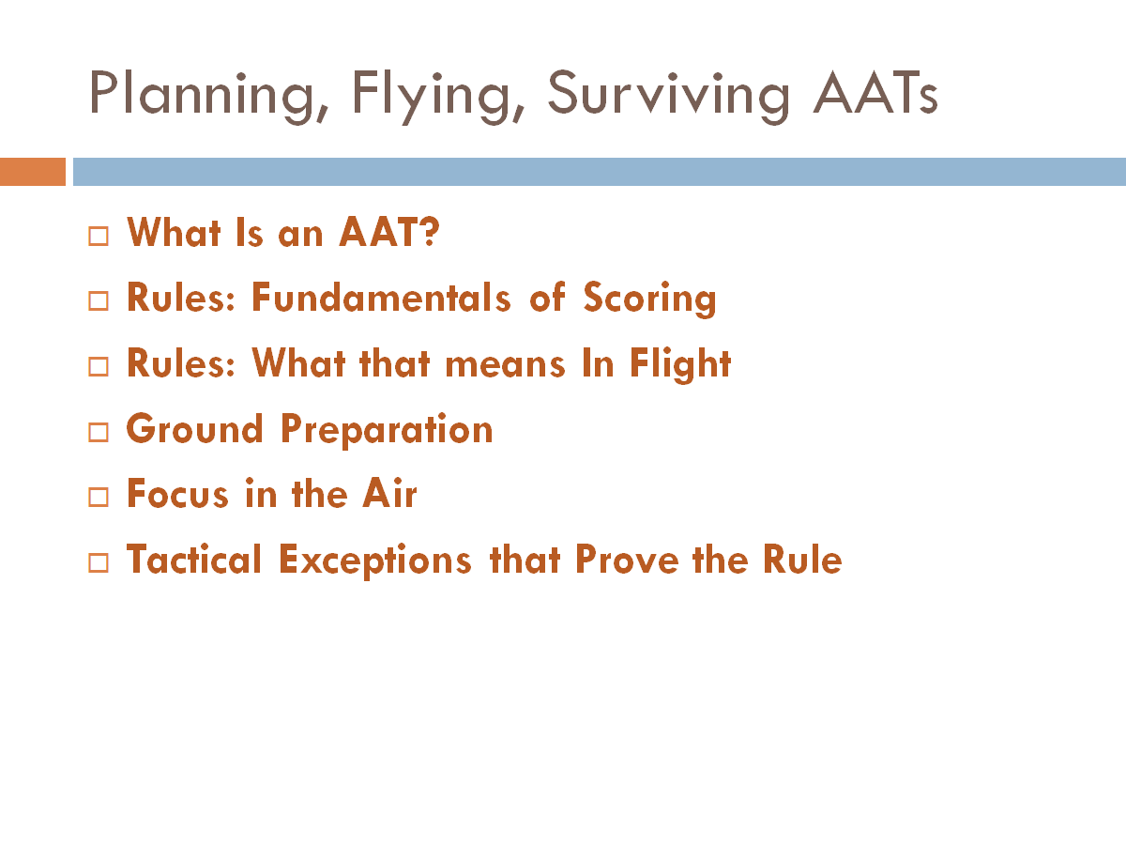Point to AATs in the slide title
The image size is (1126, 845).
click(875, 93)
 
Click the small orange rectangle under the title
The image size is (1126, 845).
click(33, 172)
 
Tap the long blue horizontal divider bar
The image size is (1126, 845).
click(599, 172)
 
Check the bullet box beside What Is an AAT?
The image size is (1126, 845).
click(99, 235)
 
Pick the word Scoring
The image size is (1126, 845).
click(649, 300)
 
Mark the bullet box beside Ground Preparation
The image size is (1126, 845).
click(99, 432)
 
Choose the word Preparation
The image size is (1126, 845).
click(387, 431)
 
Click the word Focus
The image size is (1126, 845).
click(179, 494)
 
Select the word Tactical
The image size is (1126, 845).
click(194, 560)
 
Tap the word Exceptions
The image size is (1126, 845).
click(375, 561)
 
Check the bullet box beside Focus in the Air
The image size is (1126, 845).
click(99, 498)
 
